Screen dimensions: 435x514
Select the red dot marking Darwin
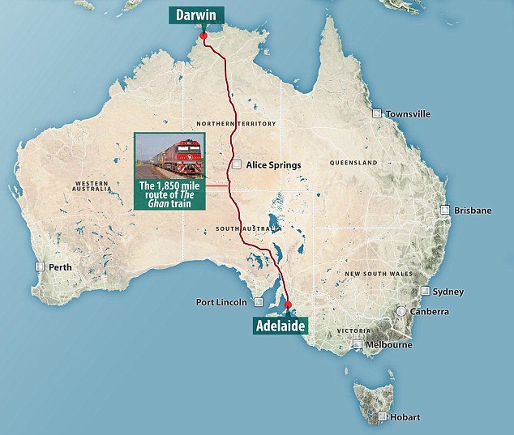click(203, 36)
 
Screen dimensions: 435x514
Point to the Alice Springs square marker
click(237, 164)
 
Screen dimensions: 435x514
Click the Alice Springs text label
click(273, 164)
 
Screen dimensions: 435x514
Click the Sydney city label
click(448, 292)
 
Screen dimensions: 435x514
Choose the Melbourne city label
click(388, 344)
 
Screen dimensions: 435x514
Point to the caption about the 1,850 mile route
click(172, 194)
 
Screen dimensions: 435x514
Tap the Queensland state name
click(353, 163)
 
